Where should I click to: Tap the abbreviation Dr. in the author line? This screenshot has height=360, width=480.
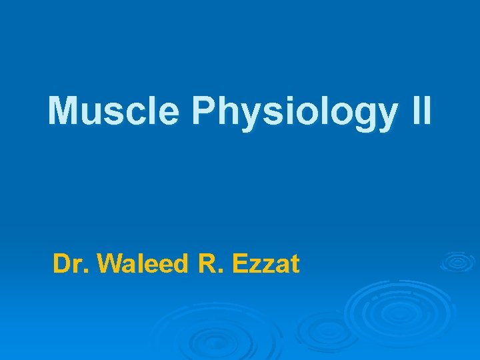tap(71, 264)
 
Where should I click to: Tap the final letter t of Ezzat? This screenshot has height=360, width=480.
tap(295, 265)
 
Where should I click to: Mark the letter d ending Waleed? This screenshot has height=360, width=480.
tap(183, 264)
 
